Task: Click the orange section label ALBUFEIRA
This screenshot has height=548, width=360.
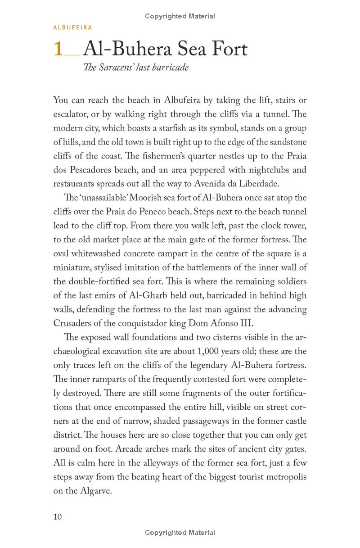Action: (x=72, y=27)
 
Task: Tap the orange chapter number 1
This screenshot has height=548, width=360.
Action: (x=58, y=49)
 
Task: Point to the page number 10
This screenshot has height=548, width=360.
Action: (x=58, y=516)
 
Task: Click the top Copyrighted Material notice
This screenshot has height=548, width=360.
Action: (x=180, y=16)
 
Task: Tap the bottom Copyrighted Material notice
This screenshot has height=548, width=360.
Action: (x=180, y=533)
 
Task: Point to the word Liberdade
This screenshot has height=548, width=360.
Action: (x=258, y=184)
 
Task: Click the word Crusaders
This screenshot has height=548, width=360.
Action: (x=74, y=323)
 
